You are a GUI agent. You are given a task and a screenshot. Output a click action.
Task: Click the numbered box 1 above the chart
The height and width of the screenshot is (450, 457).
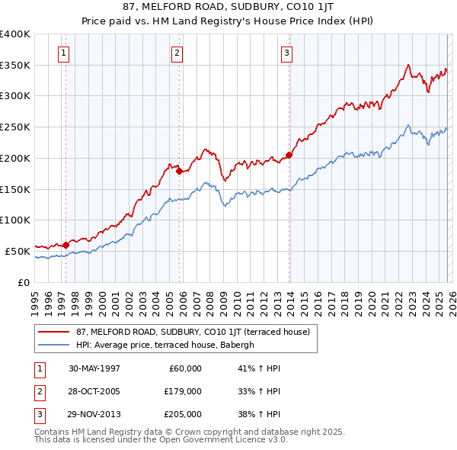[x=62, y=53]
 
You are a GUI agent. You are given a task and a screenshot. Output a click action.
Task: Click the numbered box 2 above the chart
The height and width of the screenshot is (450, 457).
[x=177, y=53]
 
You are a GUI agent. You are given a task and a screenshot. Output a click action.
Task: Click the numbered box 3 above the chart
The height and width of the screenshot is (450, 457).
[x=286, y=53]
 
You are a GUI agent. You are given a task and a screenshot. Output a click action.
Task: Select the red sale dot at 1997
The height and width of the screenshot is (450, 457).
[x=66, y=245]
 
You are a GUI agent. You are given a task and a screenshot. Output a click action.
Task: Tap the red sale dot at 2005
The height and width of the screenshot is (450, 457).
[x=180, y=172]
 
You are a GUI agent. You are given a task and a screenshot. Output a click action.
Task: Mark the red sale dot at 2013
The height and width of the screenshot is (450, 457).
[x=289, y=156]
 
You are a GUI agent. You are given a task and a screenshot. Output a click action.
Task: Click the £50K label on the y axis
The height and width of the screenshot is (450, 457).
[x=18, y=250]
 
